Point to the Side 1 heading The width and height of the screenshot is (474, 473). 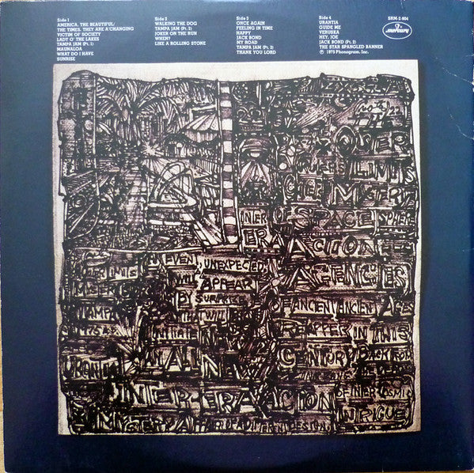click(63, 16)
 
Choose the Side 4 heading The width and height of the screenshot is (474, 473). click(328, 16)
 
